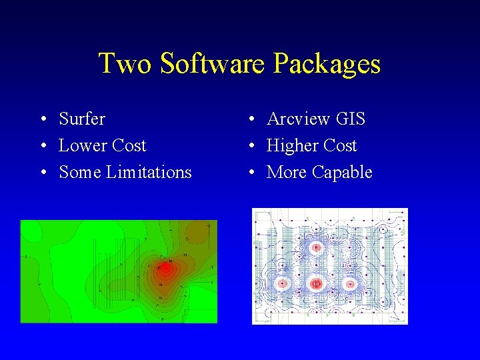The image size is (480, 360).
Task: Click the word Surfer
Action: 82,119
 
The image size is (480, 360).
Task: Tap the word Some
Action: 80,172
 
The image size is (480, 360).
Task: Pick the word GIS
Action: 351,119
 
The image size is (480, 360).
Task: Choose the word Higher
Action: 293,146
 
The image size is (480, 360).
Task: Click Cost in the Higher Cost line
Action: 340,145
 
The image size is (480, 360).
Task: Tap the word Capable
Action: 342,173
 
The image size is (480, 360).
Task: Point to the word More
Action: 287,172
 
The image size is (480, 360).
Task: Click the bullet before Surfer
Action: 42,119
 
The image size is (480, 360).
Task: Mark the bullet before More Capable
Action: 252,173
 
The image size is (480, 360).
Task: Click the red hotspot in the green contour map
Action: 164,269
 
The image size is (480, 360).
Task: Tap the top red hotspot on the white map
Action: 317,247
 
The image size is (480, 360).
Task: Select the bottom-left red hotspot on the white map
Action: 282,283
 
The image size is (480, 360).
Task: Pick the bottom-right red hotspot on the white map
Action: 349,283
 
